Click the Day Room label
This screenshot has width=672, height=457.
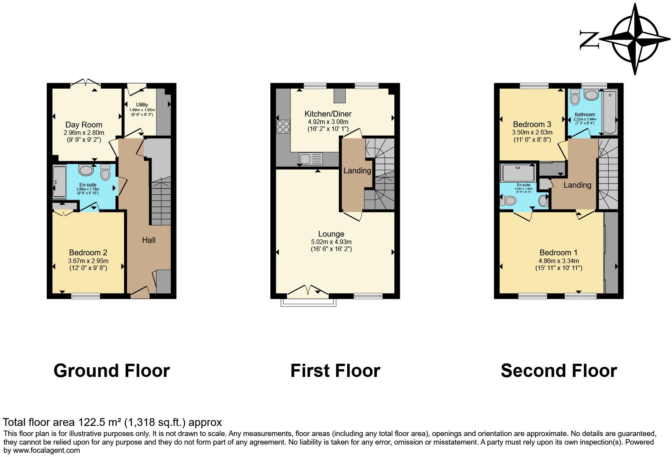click(x=84, y=125)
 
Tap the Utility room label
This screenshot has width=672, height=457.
click(x=142, y=105)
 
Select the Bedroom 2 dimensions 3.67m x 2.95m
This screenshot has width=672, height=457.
click(x=88, y=261)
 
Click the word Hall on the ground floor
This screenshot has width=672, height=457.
click(x=149, y=240)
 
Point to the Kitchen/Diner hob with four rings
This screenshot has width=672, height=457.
click(x=283, y=127)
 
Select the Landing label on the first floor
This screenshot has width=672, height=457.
click(x=357, y=170)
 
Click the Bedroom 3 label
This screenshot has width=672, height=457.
click(x=532, y=124)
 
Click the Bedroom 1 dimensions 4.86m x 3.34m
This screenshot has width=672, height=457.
click(x=558, y=261)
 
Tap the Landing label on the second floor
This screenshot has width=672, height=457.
click(x=577, y=185)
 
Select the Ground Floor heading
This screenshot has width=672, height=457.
click(x=112, y=370)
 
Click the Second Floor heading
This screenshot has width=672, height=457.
click(x=558, y=370)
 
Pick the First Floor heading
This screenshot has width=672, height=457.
click(x=335, y=370)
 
